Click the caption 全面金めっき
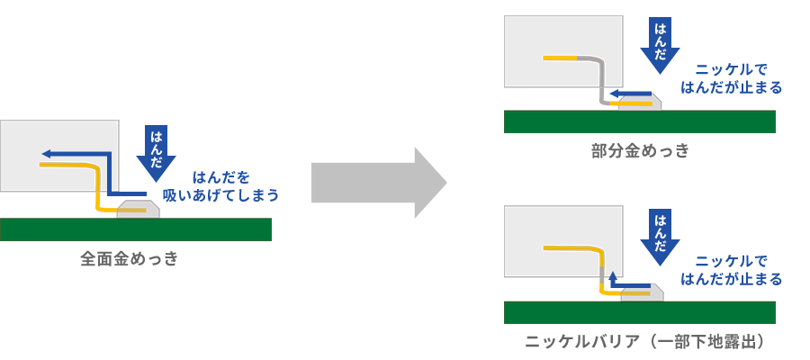(130, 259)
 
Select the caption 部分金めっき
(639, 151)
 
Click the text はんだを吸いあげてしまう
(220, 185)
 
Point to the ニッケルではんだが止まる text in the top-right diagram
(732, 78)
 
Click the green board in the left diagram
(135, 229)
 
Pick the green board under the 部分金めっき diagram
(639, 121)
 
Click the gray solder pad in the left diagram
(139, 209)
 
